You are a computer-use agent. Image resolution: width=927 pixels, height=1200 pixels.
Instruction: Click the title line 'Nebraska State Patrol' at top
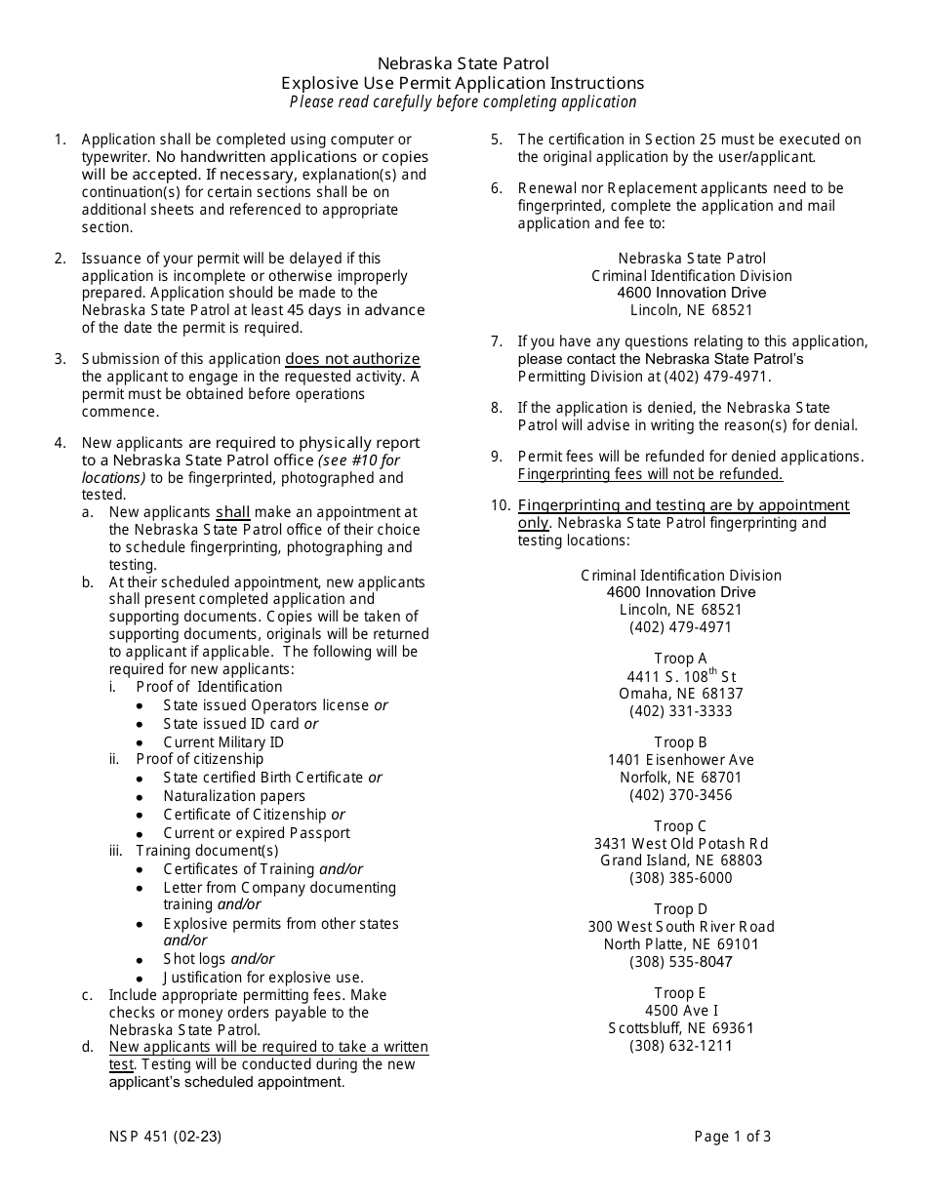click(x=463, y=64)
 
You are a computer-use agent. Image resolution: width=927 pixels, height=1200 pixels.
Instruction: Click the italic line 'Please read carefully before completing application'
click(x=463, y=101)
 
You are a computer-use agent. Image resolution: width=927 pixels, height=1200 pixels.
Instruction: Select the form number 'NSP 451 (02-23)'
click(x=166, y=1136)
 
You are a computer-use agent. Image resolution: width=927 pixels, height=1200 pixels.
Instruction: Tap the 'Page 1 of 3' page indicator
click(x=732, y=1136)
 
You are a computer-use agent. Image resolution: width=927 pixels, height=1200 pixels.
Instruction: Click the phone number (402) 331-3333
click(x=680, y=711)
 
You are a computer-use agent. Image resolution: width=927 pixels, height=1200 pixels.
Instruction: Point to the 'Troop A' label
click(x=680, y=659)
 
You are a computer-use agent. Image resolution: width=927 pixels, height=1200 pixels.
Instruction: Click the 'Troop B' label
click(x=680, y=742)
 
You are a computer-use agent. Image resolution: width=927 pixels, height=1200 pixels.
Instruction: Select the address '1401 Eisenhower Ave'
click(x=680, y=760)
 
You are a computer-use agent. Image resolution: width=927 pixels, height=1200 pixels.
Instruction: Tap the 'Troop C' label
click(x=680, y=826)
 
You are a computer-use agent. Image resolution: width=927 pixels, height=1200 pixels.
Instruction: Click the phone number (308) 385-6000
click(x=680, y=878)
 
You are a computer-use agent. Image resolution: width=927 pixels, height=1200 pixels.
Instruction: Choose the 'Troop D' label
click(x=680, y=909)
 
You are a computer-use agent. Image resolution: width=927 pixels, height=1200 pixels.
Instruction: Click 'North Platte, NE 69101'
click(x=680, y=944)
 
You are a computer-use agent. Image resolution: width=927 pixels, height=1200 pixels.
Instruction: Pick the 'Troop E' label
click(x=680, y=993)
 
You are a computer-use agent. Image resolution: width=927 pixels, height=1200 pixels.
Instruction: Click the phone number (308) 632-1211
click(x=680, y=1046)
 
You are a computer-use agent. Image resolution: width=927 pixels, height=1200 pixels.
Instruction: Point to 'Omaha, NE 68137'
click(x=680, y=694)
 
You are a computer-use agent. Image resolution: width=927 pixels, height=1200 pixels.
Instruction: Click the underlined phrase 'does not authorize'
click(x=352, y=359)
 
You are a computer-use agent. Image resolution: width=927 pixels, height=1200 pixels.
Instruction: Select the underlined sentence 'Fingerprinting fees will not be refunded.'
click(x=650, y=474)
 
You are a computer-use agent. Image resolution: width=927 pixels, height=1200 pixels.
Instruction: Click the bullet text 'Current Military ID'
click(x=223, y=741)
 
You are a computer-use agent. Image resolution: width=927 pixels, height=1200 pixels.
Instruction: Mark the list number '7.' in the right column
click(x=497, y=341)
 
